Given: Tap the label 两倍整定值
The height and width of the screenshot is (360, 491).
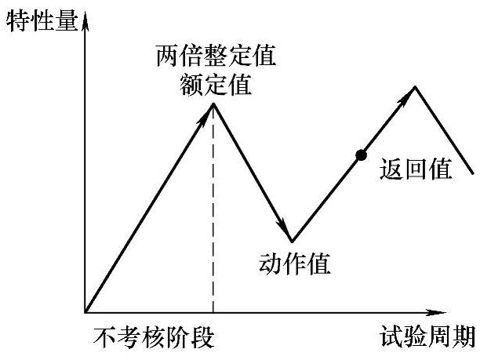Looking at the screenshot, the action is click(216, 59).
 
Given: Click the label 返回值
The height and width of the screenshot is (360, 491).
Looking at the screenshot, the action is click(415, 169).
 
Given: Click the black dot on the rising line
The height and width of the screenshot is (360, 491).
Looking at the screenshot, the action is click(361, 155).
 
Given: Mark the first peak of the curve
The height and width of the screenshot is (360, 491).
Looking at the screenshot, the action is click(213, 103).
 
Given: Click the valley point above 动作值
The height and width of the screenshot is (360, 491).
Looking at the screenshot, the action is click(291, 241).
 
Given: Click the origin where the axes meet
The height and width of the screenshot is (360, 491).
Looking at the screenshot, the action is click(85, 311).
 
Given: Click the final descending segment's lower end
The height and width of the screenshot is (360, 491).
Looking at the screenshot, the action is click(473, 173).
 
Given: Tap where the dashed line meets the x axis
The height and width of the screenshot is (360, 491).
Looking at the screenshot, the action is click(213, 311).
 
